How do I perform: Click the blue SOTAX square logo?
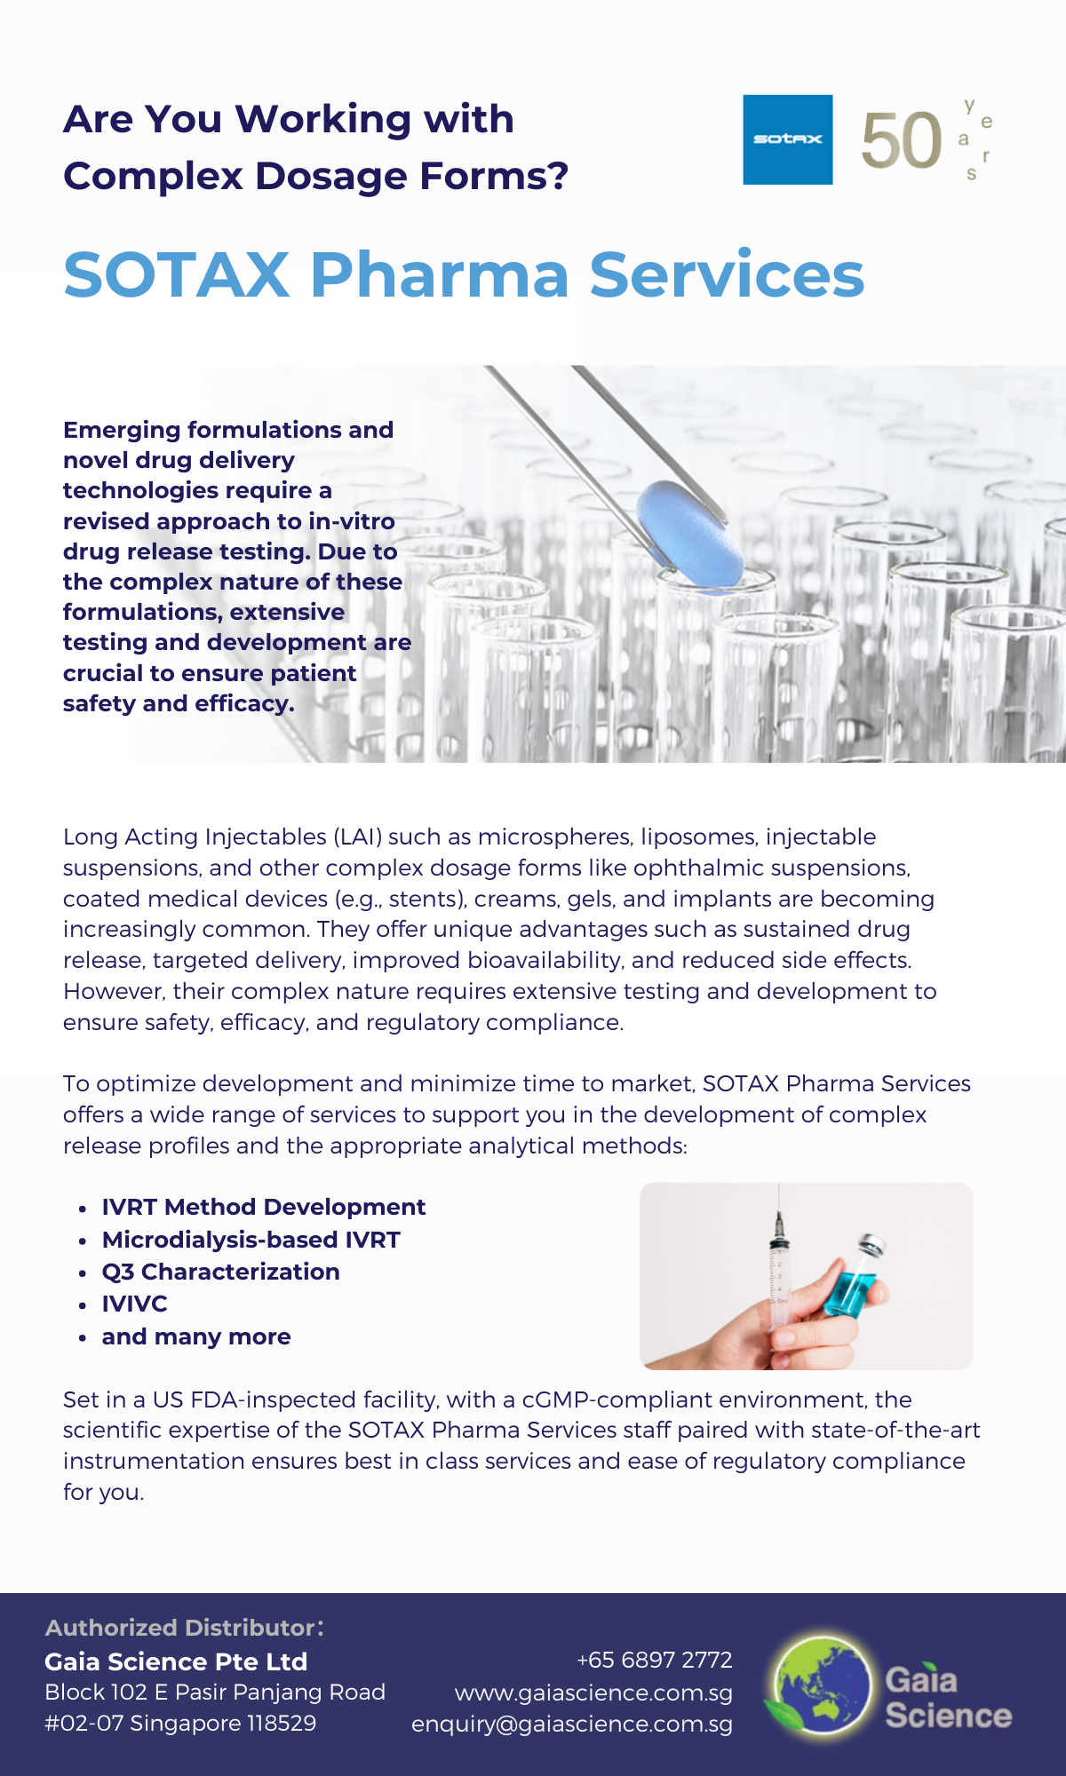(787, 139)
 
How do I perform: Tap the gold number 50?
(901, 140)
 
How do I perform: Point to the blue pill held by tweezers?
(691, 533)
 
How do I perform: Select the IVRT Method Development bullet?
(263, 1207)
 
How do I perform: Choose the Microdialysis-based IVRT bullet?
(251, 1240)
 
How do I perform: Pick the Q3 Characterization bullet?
(220, 1272)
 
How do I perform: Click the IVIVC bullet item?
(134, 1304)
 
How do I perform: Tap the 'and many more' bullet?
(195, 1336)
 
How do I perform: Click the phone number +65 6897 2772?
(654, 1660)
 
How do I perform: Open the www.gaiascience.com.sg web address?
(593, 1693)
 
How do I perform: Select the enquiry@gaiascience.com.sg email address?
(572, 1724)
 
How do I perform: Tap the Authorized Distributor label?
(183, 1628)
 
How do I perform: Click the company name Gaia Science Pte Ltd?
(176, 1661)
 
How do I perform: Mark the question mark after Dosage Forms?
(557, 176)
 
